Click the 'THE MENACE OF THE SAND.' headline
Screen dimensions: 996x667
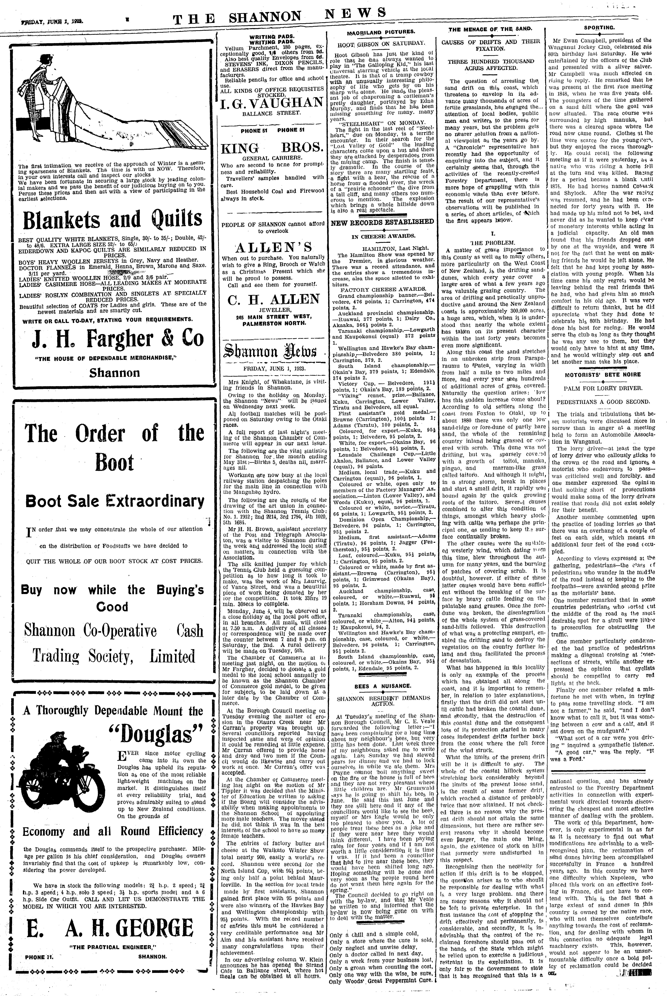tap(491, 29)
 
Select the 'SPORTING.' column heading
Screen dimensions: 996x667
tap(605, 28)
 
